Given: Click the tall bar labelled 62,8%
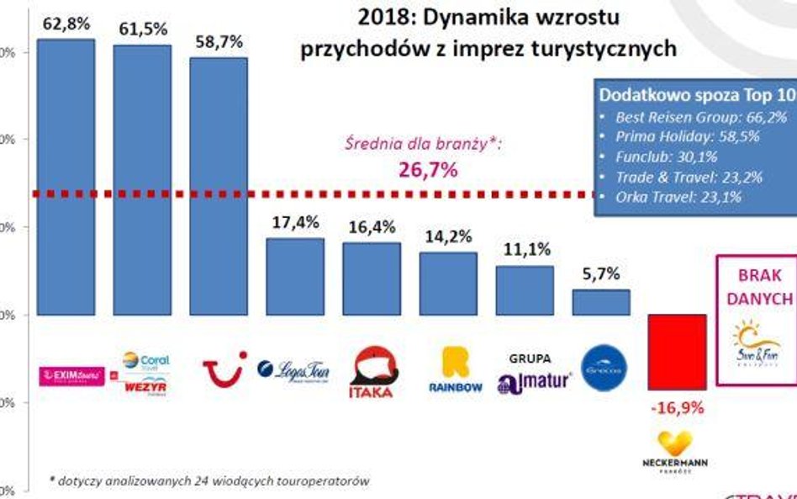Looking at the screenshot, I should point(66,177).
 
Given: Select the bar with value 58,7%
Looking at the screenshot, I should point(219,186).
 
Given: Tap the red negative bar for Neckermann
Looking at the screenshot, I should point(677,353).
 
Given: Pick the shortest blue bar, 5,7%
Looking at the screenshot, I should point(601,302).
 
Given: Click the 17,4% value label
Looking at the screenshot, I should point(295,223).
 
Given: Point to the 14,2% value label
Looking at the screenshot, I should point(447,236).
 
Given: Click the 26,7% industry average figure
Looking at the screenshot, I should point(428,171).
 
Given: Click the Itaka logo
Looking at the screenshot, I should point(372,372).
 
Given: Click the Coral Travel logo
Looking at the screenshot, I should point(145,361).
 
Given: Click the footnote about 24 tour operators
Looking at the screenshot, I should point(209,480).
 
